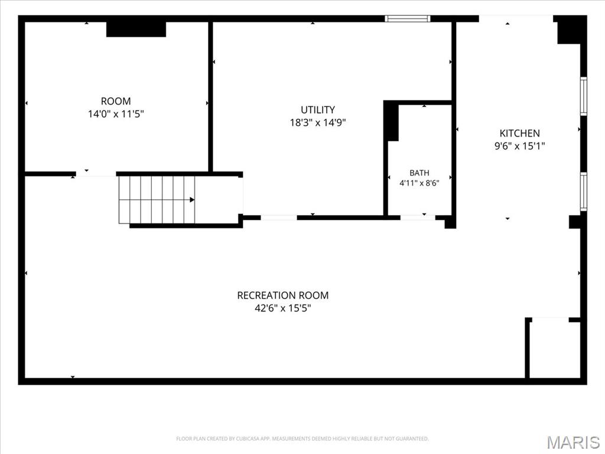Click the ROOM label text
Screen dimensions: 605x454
pyautogui.click(x=116, y=101)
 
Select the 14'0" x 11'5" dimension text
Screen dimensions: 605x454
pyautogui.click(x=116, y=114)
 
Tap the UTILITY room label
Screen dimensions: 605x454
pyautogui.click(x=317, y=109)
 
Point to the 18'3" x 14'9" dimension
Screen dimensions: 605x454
pyautogui.click(x=317, y=122)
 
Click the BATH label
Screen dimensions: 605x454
pyautogui.click(x=419, y=173)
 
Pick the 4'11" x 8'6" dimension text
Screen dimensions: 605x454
pyautogui.click(x=419, y=183)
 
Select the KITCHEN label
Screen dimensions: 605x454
pyautogui.click(x=520, y=133)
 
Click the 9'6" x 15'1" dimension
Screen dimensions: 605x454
pyautogui.click(x=520, y=146)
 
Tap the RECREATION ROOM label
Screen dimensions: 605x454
pyautogui.click(x=283, y=296)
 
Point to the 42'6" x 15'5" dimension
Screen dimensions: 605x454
pyautogui.click(x=283, y=308)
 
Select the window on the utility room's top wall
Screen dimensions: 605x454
pyautogui.click(x=408, y=18)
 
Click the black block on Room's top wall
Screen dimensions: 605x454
pyautogui.click(x=136, y=30)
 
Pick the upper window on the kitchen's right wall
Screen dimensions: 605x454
pyautogui.click(x=584, y=96)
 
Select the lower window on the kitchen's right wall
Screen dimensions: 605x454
pyautogui.click(x=584, y=192)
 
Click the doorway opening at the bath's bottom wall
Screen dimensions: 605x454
pyautogui.click(x=418, y=218)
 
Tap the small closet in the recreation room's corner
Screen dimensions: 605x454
pyautogui.click(x=555, y=349)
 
